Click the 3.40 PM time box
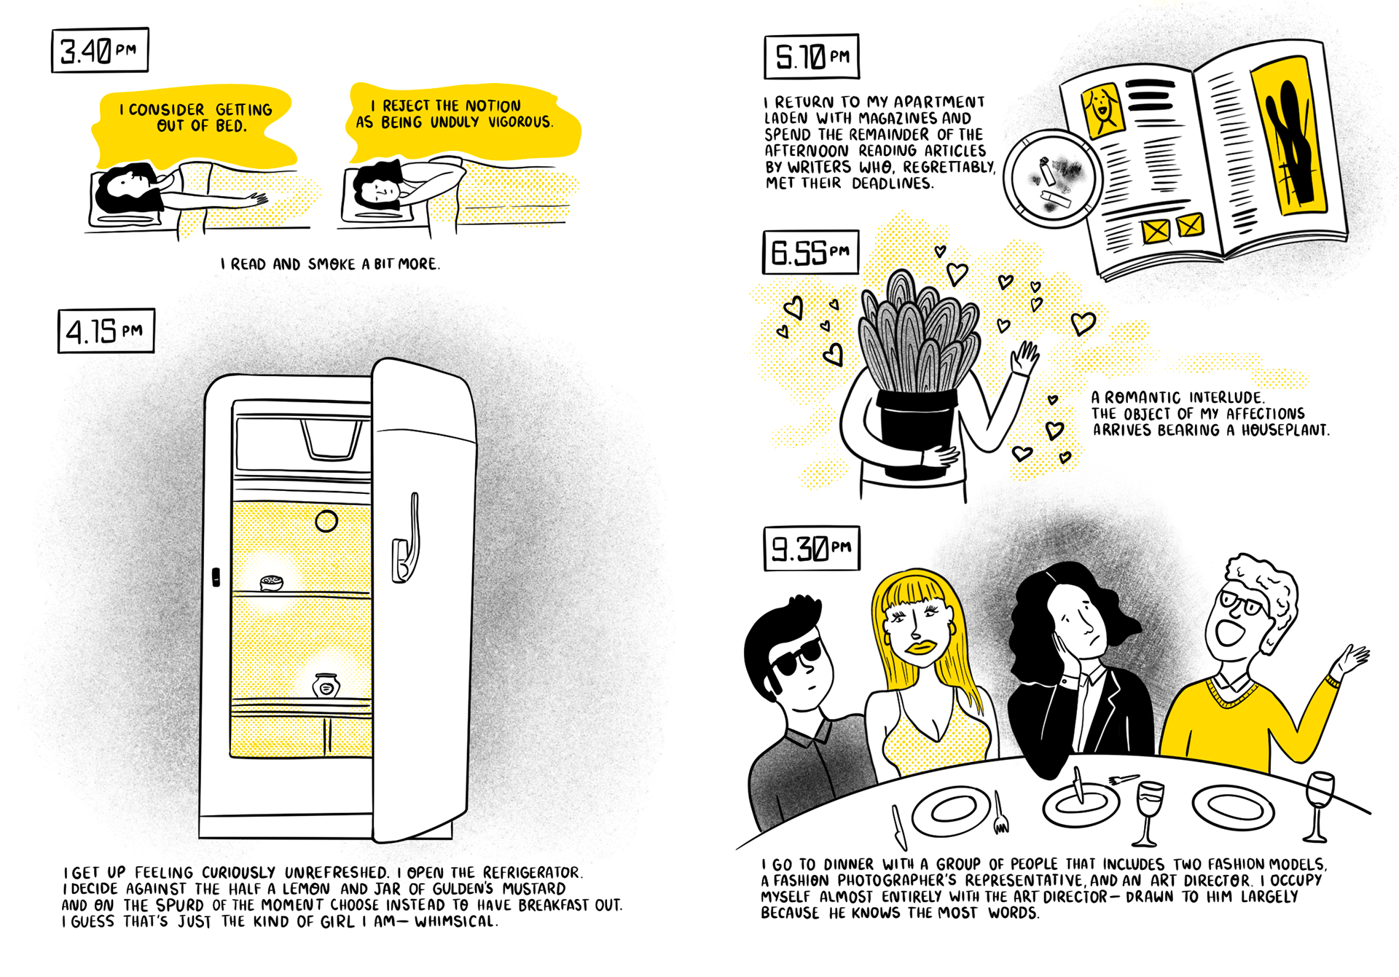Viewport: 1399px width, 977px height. click(x=100, y=50)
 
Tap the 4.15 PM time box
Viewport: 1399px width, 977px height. click(x=106, y=331)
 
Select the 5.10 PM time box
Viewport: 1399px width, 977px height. click(x=812, y=56)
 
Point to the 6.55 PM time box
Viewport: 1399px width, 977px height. click(x=810, y=252)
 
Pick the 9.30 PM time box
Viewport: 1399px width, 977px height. click(x=812, y=548)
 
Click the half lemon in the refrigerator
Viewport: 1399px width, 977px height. click(x=272, y=582)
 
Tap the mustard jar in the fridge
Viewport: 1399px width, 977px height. click(x=326, y=685)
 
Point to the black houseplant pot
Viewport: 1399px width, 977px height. click(x=915, y=430)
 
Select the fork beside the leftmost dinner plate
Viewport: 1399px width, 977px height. click(x=1001, y=815)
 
